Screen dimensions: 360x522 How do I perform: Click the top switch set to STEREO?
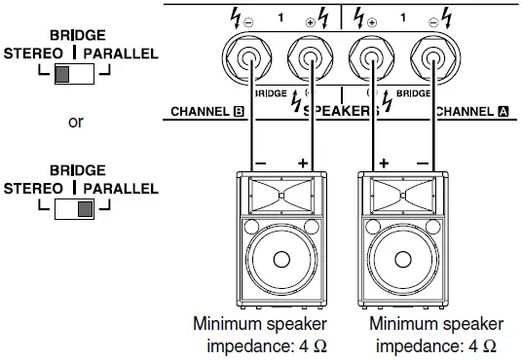74,76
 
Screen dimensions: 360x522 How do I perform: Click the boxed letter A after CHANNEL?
503,112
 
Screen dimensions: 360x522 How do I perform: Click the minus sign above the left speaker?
259,162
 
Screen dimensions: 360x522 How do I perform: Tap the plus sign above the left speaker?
304,162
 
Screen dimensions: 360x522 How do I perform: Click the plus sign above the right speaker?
382,162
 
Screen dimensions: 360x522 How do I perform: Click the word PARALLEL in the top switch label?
120,54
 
